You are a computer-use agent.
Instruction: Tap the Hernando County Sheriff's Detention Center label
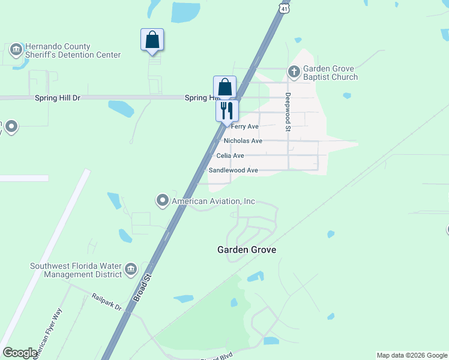(x=66, y=51)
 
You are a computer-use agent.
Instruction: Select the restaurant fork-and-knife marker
(x=226, y=110)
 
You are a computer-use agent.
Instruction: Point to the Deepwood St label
(x=288, y=112)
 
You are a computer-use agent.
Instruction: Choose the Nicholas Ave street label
(x=243, y=141)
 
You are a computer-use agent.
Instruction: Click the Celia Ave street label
(x=230, y=155)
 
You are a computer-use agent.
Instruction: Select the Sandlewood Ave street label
(x=233, y=170)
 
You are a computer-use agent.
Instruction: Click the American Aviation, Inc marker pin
(x=162, y=201)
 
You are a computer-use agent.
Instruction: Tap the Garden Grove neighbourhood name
(x=246, y=250)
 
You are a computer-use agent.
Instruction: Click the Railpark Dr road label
(x=107, y=302)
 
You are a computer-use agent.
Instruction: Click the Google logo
(x=20, y=353)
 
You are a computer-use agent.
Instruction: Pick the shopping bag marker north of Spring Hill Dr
(x=152, y=40)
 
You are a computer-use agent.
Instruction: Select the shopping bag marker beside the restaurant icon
(x=224, y=87)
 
